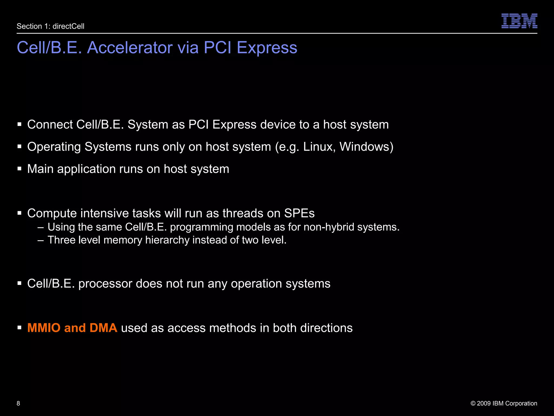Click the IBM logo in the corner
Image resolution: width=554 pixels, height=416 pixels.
click(519, 21)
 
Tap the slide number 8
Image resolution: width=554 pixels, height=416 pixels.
click(18, 403)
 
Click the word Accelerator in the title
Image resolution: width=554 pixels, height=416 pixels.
click(130, 48)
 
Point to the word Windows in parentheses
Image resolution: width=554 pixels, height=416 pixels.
click(365, 147)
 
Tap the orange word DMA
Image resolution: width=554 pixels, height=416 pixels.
click(103, 328)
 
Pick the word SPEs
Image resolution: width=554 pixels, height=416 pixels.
click(299, 213)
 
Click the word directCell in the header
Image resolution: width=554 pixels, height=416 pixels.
click(68, 26)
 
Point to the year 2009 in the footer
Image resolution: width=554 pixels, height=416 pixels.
click(484, 403)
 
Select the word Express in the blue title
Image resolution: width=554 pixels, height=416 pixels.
click(267, 48)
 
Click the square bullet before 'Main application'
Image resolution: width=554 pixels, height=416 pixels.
click(19, 169)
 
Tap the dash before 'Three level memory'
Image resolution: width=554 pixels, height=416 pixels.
click(41, 240)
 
